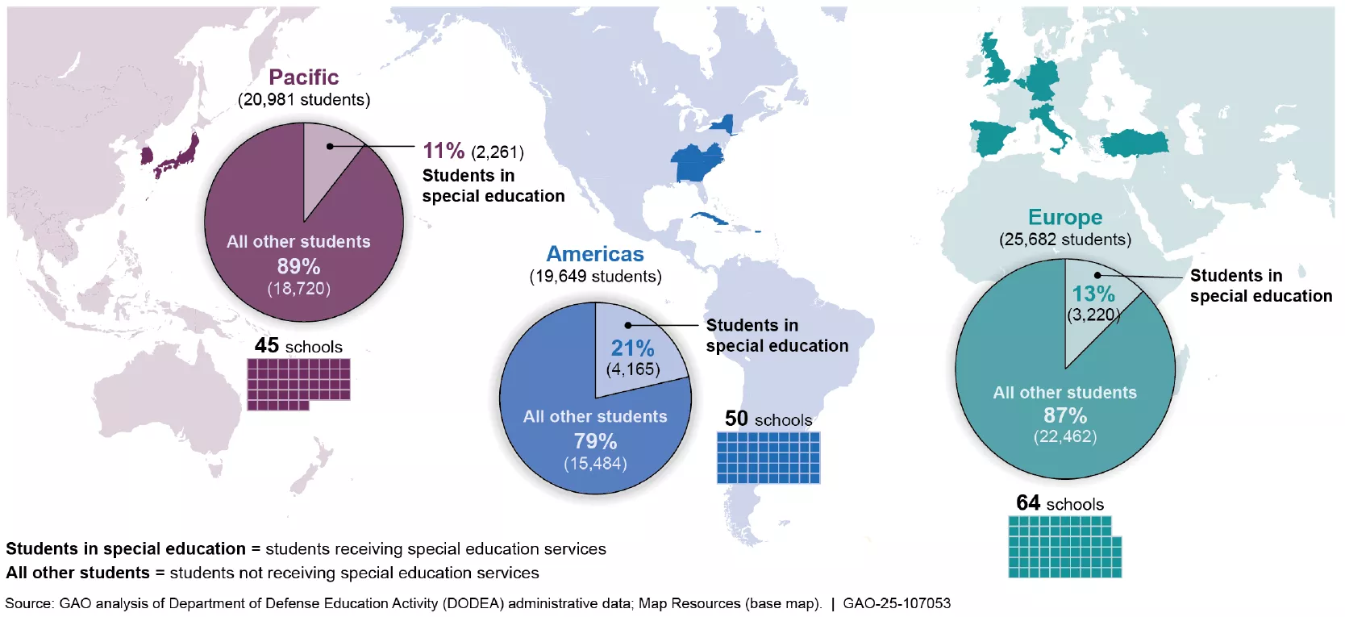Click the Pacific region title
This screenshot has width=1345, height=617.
(x=303, y=77)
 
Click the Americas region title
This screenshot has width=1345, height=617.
(x=595, y=254)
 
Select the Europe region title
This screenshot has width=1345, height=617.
(x=1064, y=218)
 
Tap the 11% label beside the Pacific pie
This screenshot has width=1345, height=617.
(x=443, y=151)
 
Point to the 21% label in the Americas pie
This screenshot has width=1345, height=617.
(x=632, y=348)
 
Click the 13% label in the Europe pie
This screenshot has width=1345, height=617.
(x=1093, y=294)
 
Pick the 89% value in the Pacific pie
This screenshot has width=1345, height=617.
(x=298, y=266)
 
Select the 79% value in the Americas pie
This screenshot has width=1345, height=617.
(x=595, y=441)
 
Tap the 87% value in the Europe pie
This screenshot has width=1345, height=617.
(x=1064, y=415)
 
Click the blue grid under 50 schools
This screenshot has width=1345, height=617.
(x=768, y=457)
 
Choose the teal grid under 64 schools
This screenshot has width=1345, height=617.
(x=1064, y=547)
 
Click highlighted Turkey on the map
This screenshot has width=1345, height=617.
(x=1135, y=144)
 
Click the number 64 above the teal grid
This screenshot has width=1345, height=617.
(x=1027, y=503)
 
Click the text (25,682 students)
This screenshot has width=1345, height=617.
(x=1064, y=240)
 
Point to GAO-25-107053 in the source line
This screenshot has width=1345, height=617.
(x=896, y=603)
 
